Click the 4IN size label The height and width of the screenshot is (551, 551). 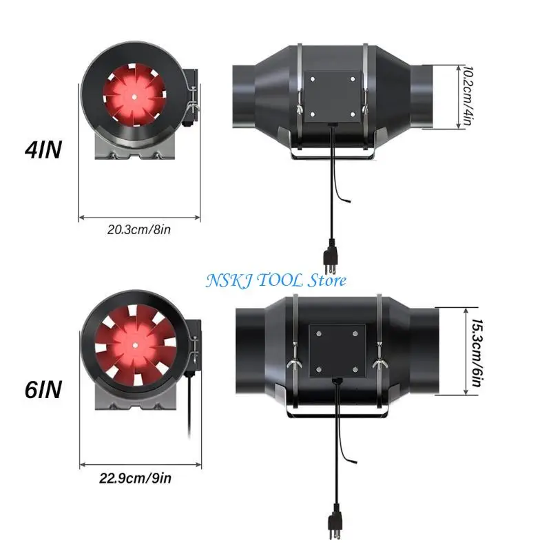tap(43, 149)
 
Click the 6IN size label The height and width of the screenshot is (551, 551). tap(43, 391)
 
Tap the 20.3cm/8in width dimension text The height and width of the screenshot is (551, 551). tap(138, 230)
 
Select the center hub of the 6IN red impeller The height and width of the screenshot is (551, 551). tap(135, 343)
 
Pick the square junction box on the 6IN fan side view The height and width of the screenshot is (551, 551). tap(335, 350)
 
